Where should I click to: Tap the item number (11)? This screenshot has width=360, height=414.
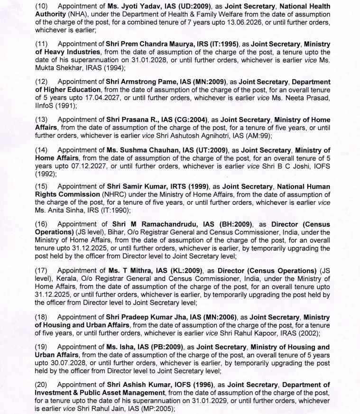click(41, 44)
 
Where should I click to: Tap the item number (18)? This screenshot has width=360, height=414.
click(41, 316)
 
